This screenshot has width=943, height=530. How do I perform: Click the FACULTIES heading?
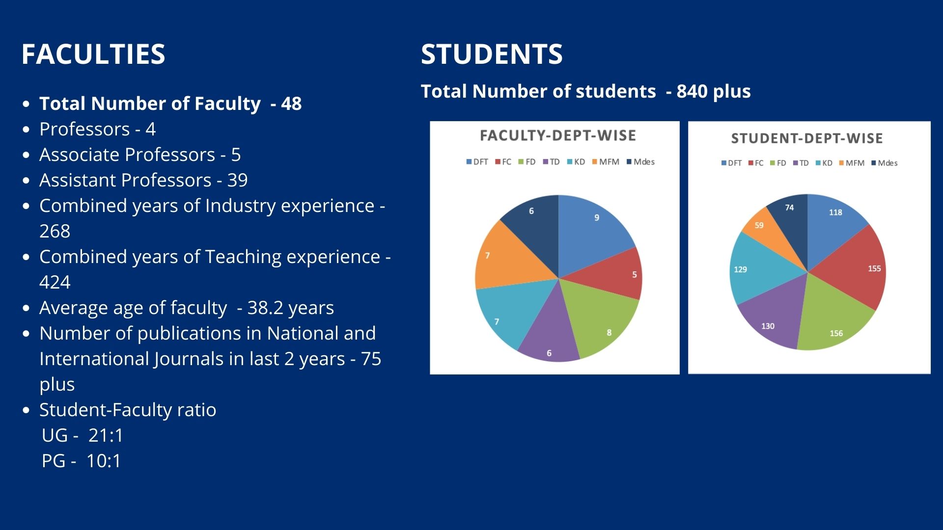coord(93,54)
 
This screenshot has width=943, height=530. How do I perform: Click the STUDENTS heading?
coord(492,54)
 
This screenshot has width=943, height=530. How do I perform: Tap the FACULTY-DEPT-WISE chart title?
coord(557,135)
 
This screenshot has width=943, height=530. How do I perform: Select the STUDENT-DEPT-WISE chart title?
coord(806,138)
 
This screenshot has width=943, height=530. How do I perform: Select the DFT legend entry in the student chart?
coord(731,163)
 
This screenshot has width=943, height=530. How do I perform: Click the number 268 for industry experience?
coord(55,231)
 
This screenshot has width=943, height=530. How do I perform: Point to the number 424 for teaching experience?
coord(55,282)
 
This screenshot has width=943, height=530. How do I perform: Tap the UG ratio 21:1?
coord(106,435)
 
